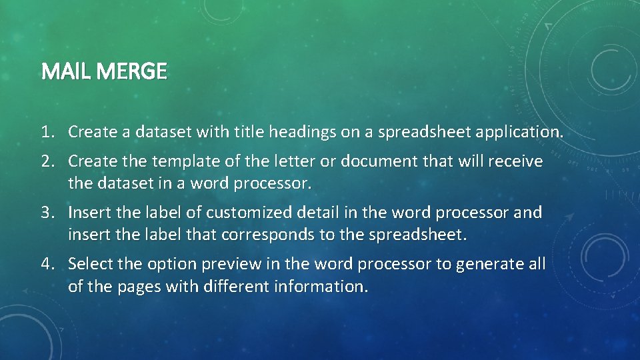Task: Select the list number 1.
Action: click(46, 132)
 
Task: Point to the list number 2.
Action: click(46, 161)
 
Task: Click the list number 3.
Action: click(46, 213)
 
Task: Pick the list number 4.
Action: click(46, 264)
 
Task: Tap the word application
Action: click(519, 132)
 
